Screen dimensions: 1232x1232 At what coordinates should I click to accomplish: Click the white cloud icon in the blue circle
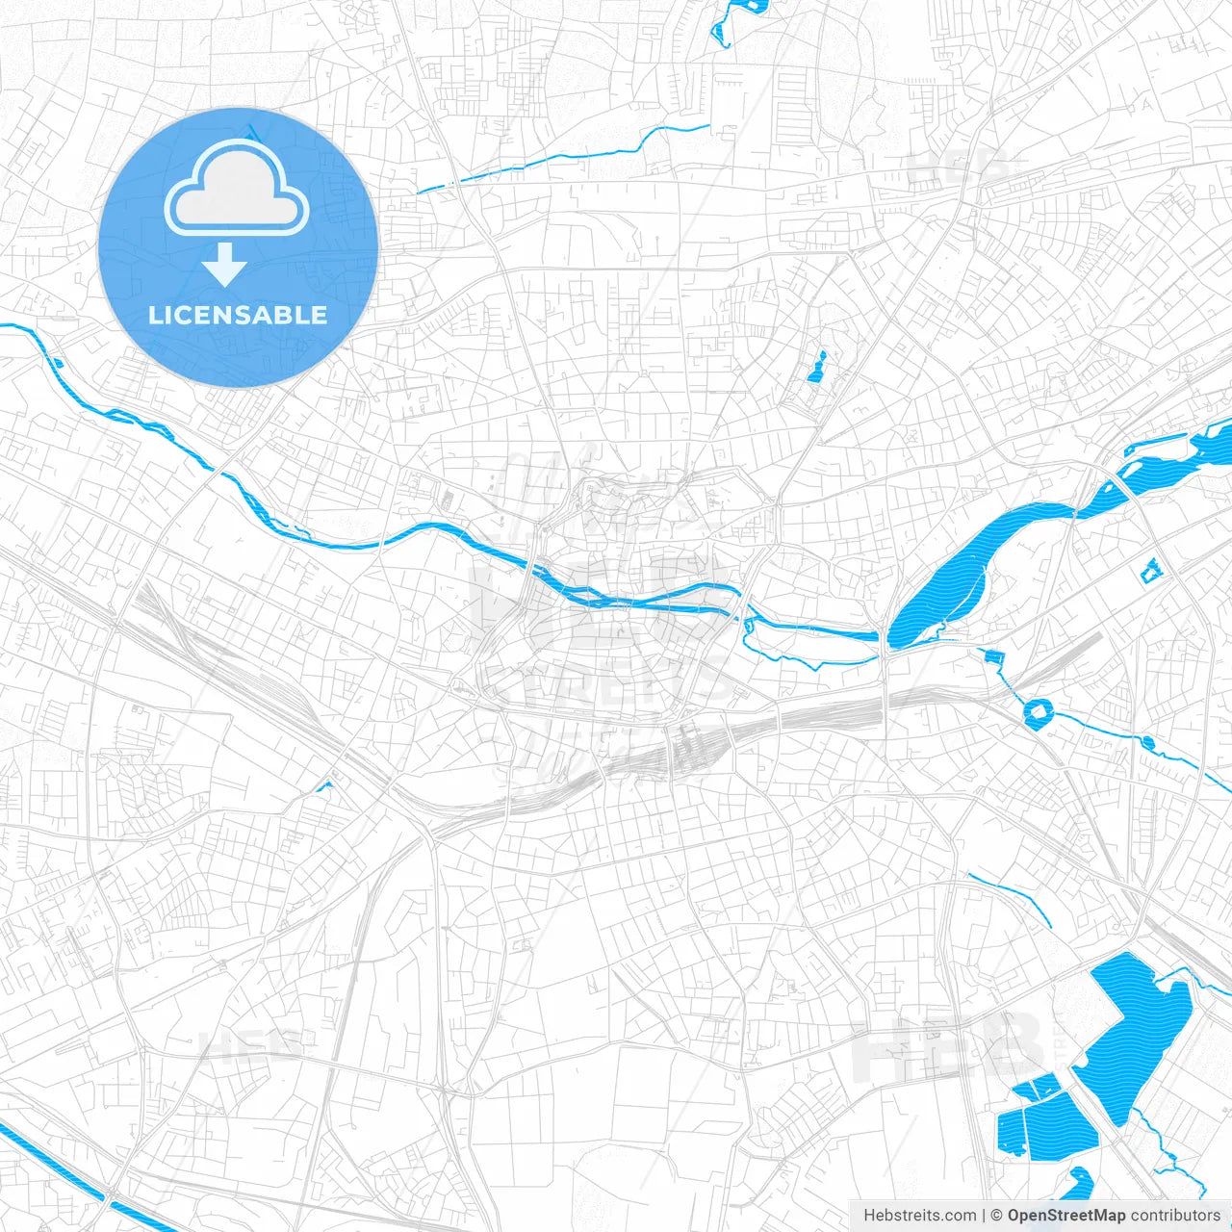click(x=237, y=192)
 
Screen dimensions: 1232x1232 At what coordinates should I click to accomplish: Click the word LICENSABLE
click(x=238, y=315)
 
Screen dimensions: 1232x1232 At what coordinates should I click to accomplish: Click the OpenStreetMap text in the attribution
click(x=1066, y=1216)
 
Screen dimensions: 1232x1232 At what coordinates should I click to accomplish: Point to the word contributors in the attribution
click(x=1175, y=1216)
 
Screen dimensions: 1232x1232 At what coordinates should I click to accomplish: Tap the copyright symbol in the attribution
click(x=997, y=1216)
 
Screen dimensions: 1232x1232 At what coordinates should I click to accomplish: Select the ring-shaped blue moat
click(x=1039, y=712)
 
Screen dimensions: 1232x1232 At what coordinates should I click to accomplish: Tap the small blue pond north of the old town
click(x=818, y=368)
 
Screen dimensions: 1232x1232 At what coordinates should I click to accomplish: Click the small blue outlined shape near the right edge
click(x=1151, y=571)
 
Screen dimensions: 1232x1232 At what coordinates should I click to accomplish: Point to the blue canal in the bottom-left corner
click(x=58, y=1169)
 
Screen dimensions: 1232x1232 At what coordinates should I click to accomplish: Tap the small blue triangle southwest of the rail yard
click(x=325, y=787)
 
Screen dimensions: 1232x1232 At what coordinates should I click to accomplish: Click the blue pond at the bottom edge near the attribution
click(x=1078, y=1182)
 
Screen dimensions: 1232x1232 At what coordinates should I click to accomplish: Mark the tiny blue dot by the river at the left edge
click(x=58, y=363)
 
